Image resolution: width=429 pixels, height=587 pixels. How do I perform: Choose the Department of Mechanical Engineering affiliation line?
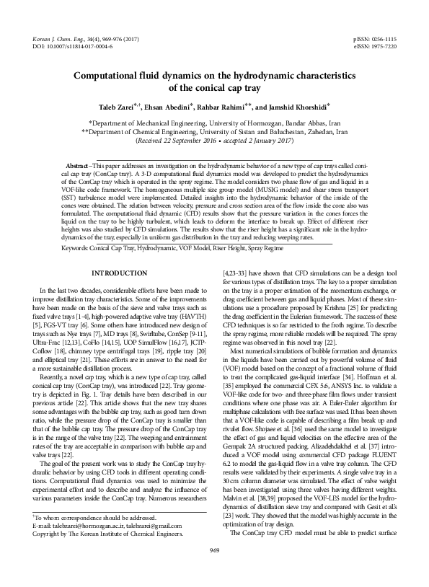click(214, 123)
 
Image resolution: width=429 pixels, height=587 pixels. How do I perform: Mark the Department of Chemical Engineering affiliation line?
click(214, 133)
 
